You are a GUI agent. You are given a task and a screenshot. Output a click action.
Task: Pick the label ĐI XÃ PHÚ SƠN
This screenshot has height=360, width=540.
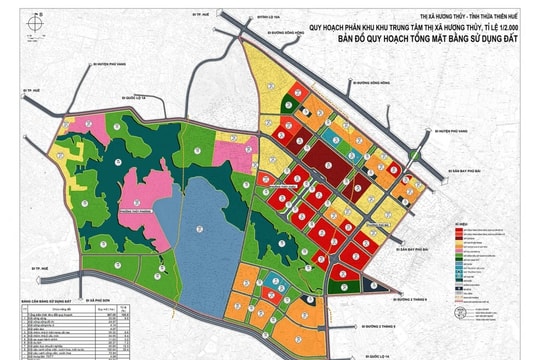coord(99,297)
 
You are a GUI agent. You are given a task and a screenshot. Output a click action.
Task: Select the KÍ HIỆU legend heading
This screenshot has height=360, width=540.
coord(465,224)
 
